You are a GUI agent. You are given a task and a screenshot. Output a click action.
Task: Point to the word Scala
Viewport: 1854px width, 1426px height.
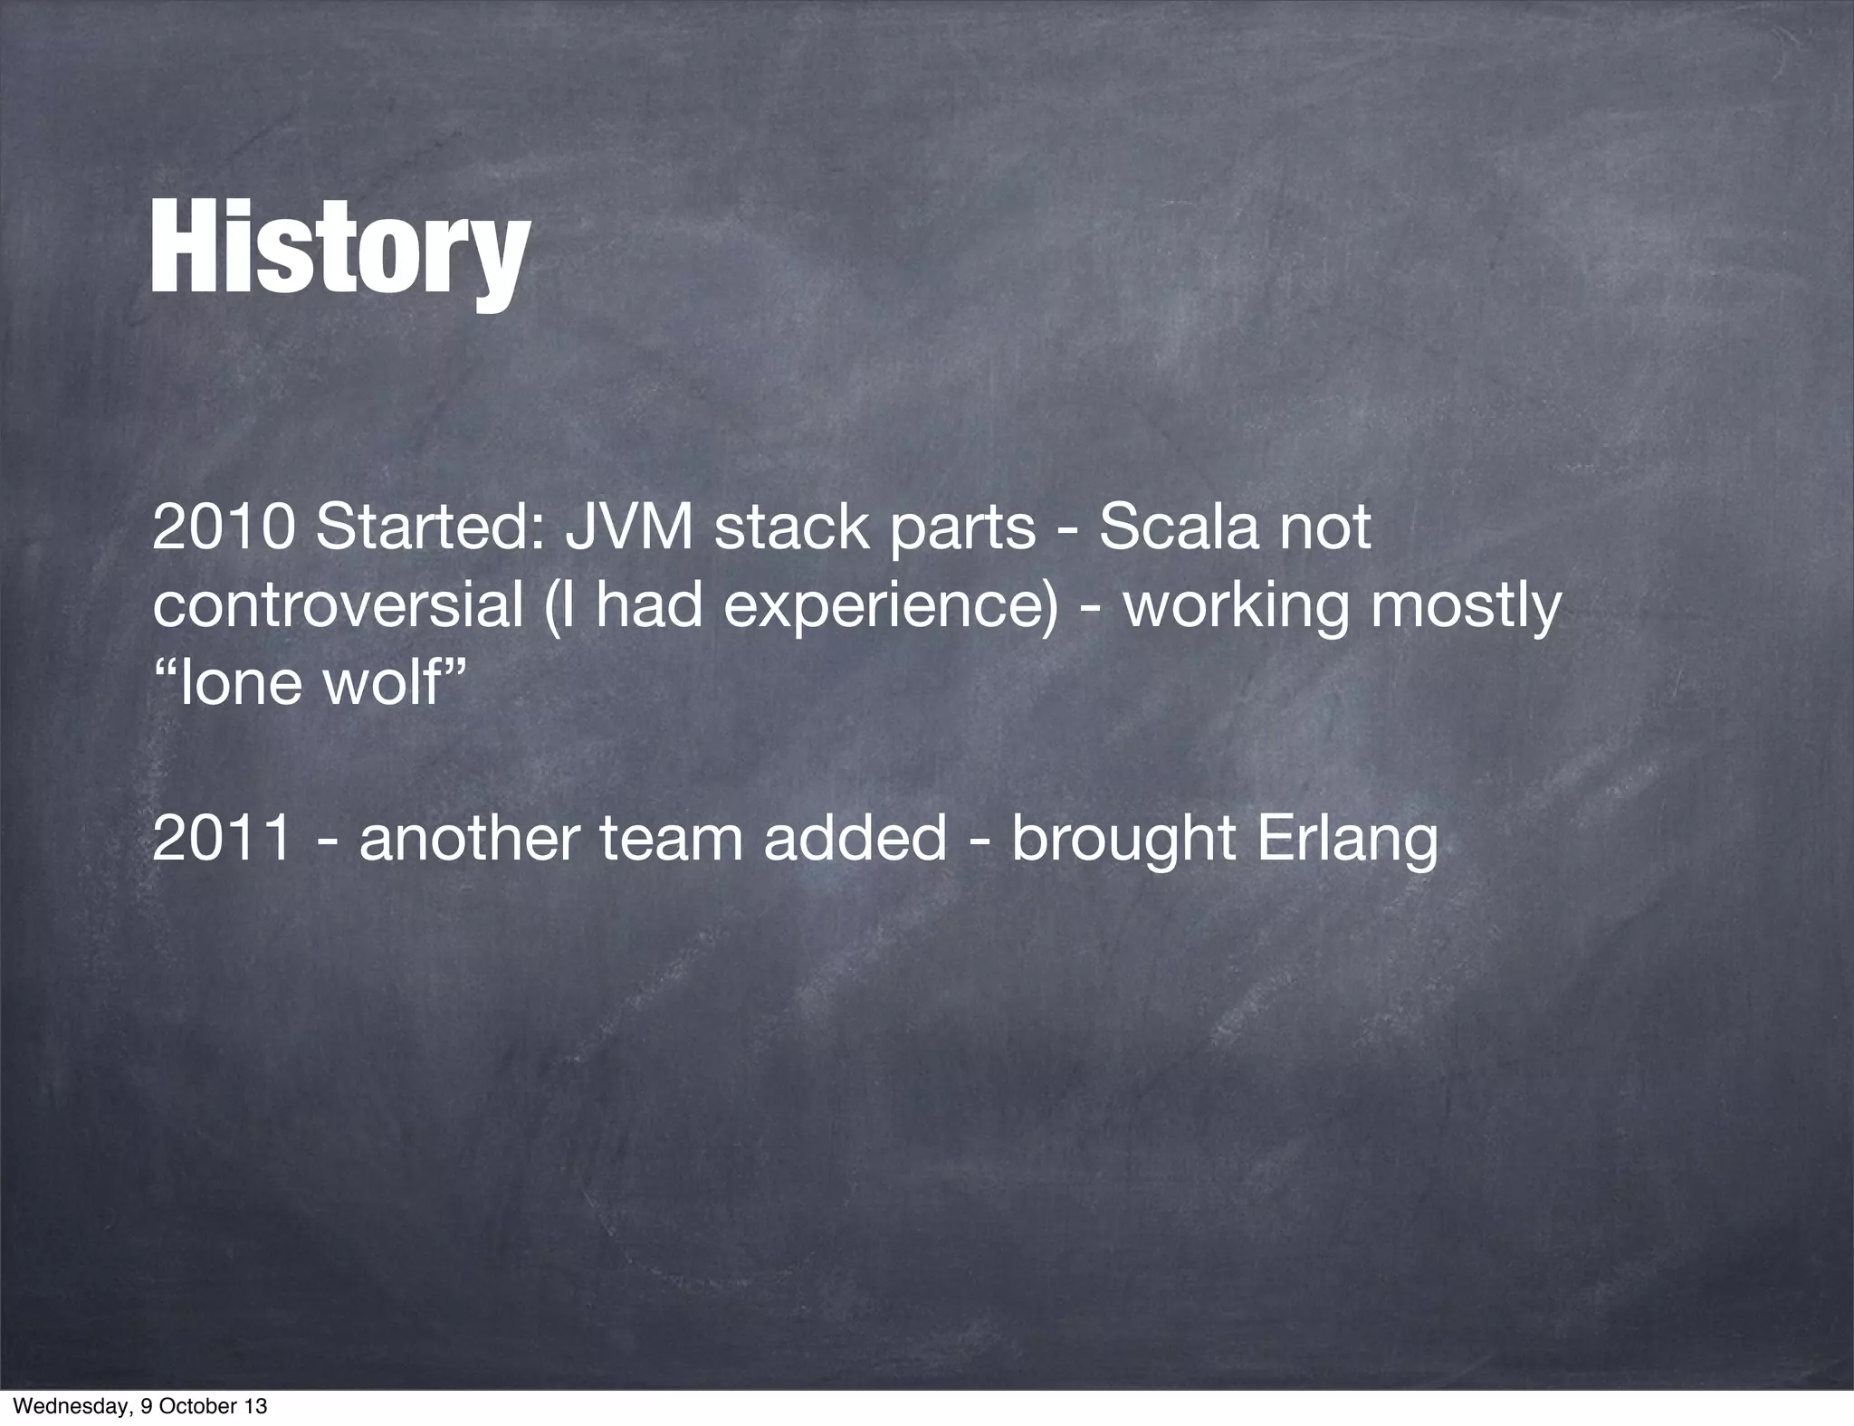[x=1179, y=528]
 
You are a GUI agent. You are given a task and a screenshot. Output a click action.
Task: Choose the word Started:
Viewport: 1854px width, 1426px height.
[x=429, y=528]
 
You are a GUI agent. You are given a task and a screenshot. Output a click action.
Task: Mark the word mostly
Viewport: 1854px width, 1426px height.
[x=1466, y=608]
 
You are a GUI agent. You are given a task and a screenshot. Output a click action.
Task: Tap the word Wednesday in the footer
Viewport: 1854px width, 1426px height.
[x=60, y=1408]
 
